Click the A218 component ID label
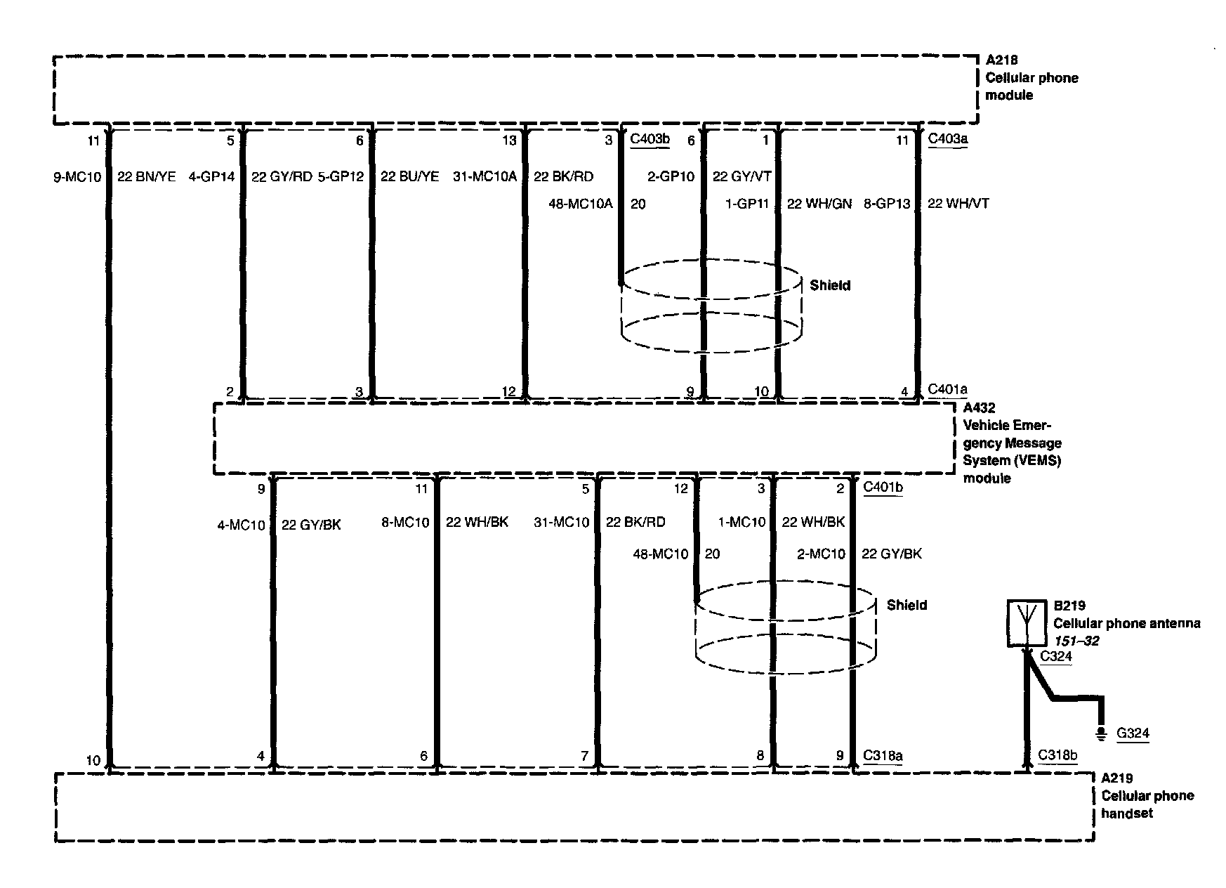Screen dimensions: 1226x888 (x=1002, y=60)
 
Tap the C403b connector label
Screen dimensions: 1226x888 (x=650, y=138)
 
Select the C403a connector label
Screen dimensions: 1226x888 (x=948, y=138)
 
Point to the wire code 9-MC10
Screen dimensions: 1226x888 (x=77, y=177)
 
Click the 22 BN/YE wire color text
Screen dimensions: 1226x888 (x=146, y=177)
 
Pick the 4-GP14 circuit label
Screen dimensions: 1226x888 (x=211, y=177)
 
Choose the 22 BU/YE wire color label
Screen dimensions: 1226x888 (x=409, y=177)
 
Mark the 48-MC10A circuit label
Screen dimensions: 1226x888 (x=580, y=204)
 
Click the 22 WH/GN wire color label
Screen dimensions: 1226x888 (x=819, y=204)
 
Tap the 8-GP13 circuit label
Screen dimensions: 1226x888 (x=887, y=204)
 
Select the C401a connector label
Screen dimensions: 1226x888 (x=948, y=389)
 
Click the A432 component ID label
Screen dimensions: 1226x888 (x=979, y=407)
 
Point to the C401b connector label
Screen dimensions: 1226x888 (x=883, y=487)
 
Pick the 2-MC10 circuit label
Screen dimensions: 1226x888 (x=821, y=554)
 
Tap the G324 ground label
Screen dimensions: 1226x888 (x=1133, y=733)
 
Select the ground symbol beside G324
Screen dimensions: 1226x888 (x=1101, y=734)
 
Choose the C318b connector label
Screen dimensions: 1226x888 (x=1057, y=755)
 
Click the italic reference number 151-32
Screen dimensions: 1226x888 (x=1076, y=641)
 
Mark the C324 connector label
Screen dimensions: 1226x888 (x=1056, y=656)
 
